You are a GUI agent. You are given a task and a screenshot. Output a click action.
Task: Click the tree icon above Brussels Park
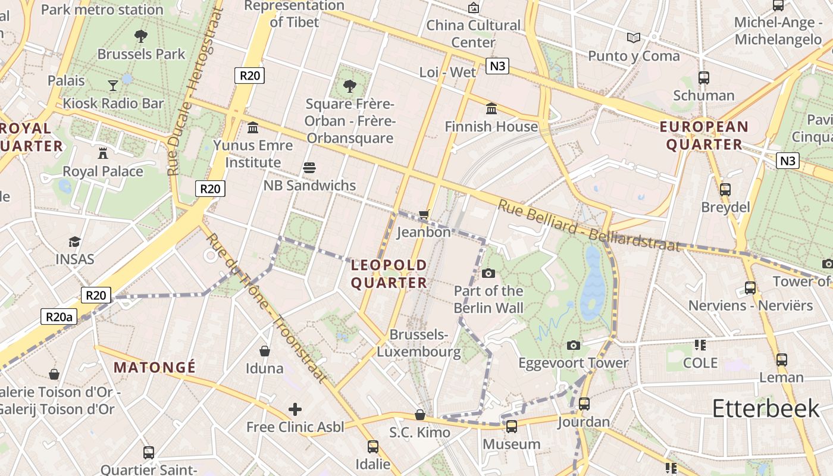coord(141,36)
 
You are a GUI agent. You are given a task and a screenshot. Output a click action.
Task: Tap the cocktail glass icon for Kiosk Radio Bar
coord(113,86)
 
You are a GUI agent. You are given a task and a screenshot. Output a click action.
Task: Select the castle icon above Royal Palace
coord(103,153)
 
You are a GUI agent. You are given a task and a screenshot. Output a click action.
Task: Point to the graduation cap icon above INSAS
coord(74,242)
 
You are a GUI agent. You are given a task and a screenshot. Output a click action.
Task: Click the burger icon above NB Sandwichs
coord(309,168)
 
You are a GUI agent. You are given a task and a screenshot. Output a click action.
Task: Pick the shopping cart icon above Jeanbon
coord(424,214)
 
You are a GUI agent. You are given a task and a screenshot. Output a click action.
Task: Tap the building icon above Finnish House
coord(491,109)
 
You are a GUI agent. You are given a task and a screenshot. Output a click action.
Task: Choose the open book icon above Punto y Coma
coord(634,38)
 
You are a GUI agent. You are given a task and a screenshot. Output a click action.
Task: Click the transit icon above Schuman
coord(704,78)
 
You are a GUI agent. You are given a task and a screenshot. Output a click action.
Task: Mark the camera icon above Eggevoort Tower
coord(573,345)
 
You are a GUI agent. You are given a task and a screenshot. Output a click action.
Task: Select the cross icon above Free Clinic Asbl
coord(295,409)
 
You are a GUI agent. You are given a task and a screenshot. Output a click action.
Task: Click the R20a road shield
coord(59,317)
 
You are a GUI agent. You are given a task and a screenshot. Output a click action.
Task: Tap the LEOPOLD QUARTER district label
coord(389,274)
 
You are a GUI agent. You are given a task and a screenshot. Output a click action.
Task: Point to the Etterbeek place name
coord(766,408)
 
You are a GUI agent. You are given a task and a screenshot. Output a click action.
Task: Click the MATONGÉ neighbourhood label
coord(155,367)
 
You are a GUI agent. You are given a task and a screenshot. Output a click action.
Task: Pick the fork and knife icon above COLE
coord(700,345)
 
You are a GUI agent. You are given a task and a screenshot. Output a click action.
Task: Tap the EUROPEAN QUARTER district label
coord(704,135)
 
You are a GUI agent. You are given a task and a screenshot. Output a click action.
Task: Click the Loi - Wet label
coord(447,73)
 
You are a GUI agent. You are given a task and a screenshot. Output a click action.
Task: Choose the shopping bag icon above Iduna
coord(265,351)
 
